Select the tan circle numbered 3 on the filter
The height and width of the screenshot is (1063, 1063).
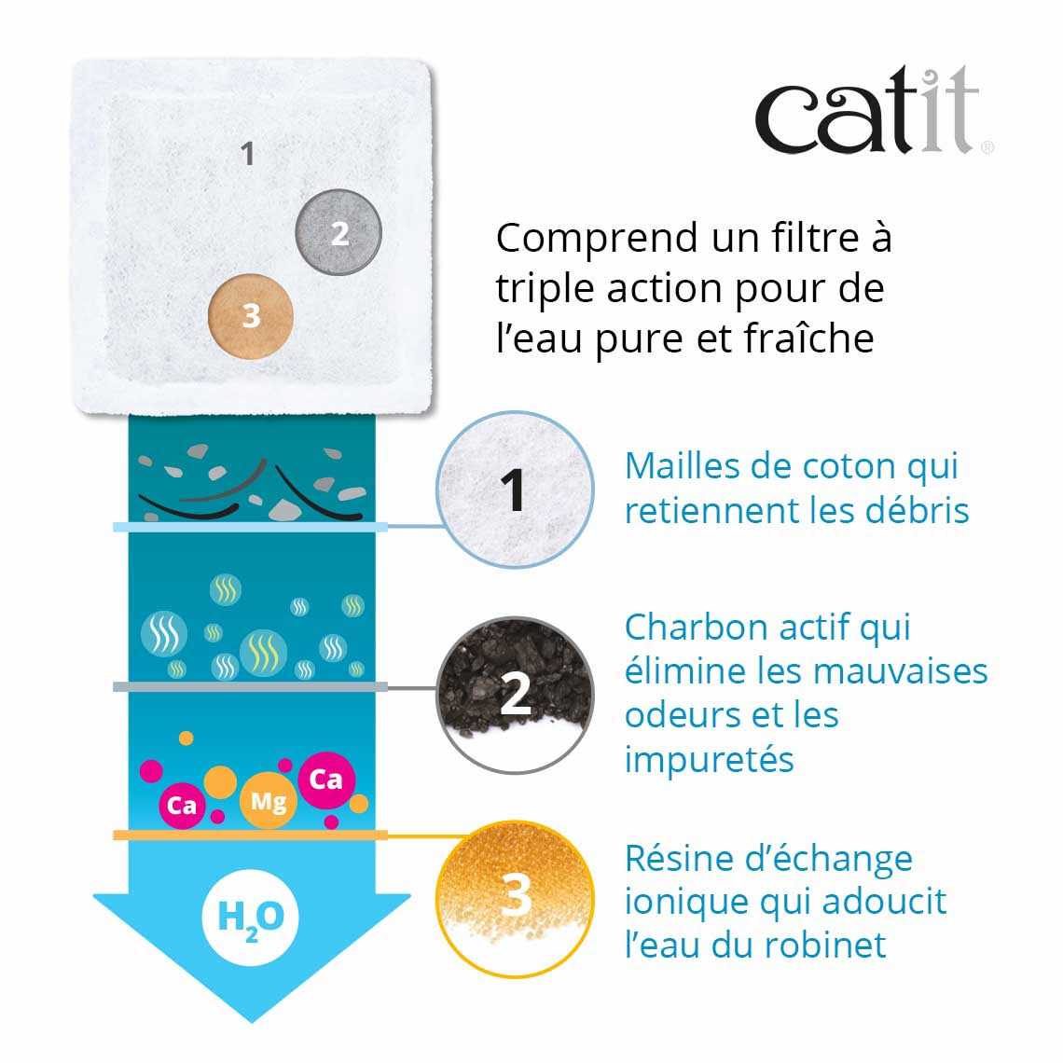tap(251, 316)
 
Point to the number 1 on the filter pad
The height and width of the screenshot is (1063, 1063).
tap(247, 154)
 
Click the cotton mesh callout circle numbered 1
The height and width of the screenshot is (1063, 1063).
tap(515, 490)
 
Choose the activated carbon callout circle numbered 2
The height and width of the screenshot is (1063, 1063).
tap(515, 695)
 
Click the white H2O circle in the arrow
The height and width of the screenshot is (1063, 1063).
tap(250, 918)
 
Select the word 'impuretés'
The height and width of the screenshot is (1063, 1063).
tap(710, 760)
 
